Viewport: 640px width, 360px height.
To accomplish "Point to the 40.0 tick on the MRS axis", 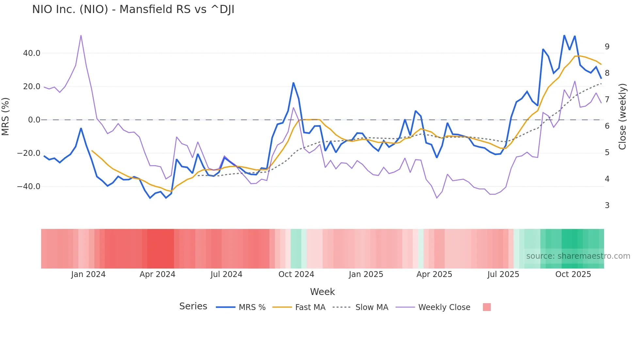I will pyautogui.click(x=32, y=53).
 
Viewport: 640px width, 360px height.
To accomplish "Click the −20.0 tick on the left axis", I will pyautogui.click(x=29, y=153).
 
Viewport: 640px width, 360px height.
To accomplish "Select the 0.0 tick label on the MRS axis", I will pyautogui.click(x=34, y=120).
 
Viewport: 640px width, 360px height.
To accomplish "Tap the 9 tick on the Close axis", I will pyautogui.click(x=607, y=47).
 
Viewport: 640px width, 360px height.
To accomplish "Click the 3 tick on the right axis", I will pyautogui.click(x=607, y=205).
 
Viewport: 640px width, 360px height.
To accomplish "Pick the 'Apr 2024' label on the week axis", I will pyautogui.click(x=157, y=274).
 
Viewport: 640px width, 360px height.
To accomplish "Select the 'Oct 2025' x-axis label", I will pyautogui.click(x=573, y=274).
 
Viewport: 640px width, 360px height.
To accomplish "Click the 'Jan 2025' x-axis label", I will pyautogui.click(x=366, y=274).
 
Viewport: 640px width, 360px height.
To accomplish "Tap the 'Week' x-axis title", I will pyautogui.click(x=322, y=292).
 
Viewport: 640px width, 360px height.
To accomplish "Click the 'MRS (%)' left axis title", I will pyautogui.click(x=6, y=117).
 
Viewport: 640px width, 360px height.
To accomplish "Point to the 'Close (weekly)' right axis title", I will pyautogui.click(x=622, y=117).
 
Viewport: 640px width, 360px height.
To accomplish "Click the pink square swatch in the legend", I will pyautogui.click(x=487, y=307).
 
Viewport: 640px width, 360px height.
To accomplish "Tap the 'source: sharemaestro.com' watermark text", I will pyautogui.click(x=578, y=256).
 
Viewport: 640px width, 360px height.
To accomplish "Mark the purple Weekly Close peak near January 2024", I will pyautogui.click(x=81, y=36).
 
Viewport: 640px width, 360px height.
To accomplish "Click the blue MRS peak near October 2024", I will pyautogui.click(x=293, y=83).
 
